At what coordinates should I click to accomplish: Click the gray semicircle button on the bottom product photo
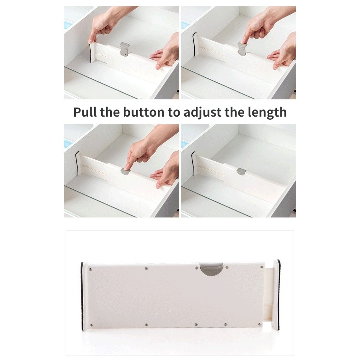[x=211, y=268]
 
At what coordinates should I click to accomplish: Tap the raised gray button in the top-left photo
[x=124, y=49]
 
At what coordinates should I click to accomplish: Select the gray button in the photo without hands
[x=241, y=171]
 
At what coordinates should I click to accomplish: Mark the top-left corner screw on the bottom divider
[x=90, y=269]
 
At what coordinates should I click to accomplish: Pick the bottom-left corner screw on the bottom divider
[x=91, y=325]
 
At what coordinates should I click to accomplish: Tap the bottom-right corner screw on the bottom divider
[x=260, y=324]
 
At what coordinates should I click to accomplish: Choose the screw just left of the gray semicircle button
[x=196, y=268]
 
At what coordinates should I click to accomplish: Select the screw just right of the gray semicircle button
[x=227, y=267]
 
